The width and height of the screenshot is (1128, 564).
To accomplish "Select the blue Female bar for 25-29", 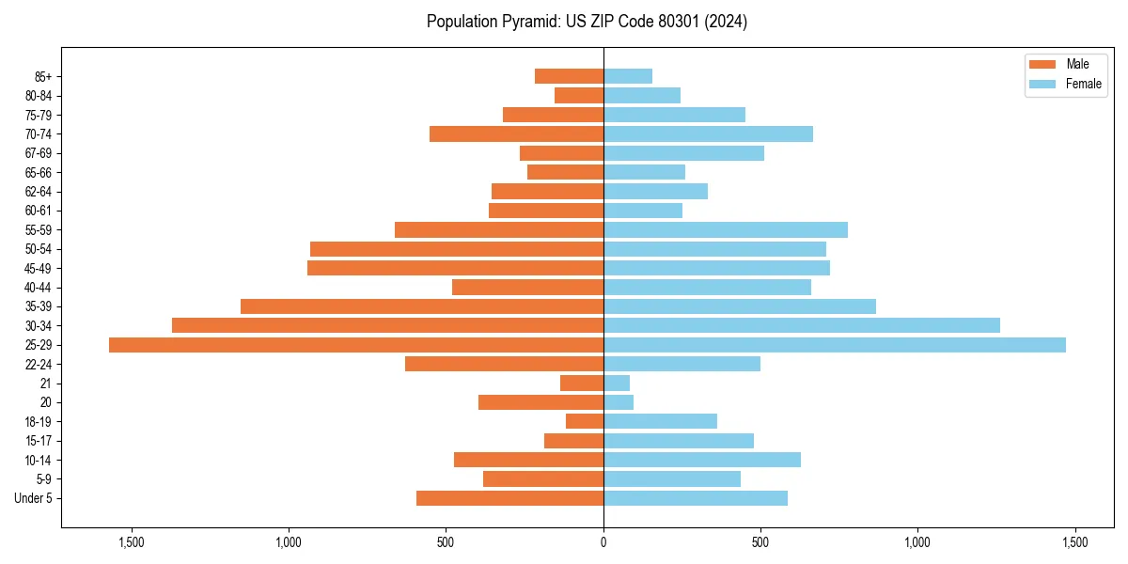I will point(834,345).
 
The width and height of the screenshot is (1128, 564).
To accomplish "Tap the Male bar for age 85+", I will point(569,76).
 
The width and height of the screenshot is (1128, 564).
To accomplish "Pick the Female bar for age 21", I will point(617,384).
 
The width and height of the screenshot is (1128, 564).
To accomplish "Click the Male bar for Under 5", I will point(509,498).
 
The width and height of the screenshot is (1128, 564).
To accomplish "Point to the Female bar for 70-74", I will point(708,134).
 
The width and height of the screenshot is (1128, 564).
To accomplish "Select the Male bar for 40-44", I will point(527,288).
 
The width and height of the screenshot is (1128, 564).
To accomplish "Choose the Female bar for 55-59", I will point(725,230).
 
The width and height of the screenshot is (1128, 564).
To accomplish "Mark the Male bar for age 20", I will point(540,402).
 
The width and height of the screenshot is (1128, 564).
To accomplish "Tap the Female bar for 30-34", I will point(801,326).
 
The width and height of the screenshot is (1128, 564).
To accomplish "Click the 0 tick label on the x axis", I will point(603,542).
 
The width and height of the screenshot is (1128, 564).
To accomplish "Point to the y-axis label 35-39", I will point(39,306).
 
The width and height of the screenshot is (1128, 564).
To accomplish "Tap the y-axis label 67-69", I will point(39,153).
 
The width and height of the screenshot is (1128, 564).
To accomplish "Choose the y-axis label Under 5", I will point(33,498).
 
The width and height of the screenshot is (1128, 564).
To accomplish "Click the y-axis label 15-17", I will point(39,441).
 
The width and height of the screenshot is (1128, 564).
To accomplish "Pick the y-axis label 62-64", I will point(39,192).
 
